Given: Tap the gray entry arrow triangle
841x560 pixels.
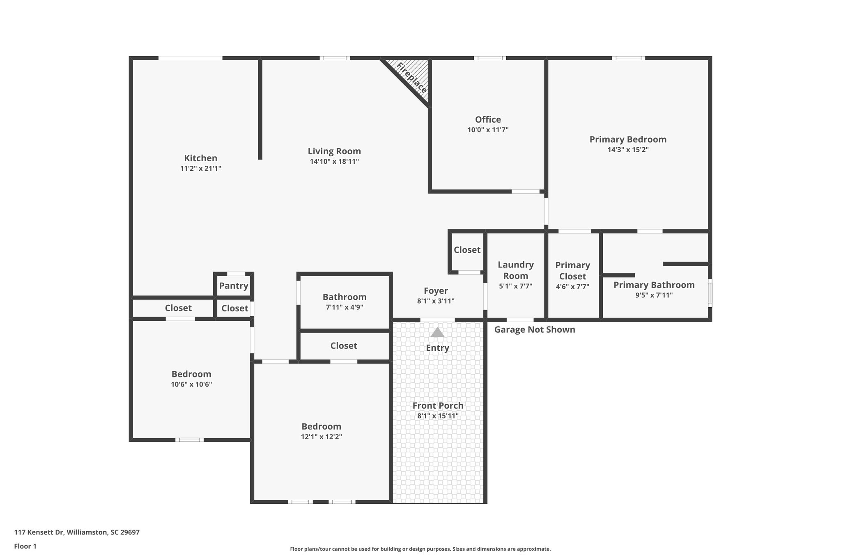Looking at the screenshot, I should click(437, 332).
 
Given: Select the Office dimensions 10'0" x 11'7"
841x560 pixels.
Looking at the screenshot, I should click(488, 130).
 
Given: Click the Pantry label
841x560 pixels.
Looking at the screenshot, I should click(233, 286).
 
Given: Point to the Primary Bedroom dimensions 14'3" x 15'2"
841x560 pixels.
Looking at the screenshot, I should click(628, 150).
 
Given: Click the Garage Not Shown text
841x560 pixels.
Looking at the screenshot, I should click(534, 329).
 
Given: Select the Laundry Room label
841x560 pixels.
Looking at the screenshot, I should click(515, 270).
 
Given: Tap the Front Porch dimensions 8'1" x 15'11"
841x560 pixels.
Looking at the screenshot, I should click(438, 416).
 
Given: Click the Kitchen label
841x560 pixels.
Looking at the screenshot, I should click(200, 158).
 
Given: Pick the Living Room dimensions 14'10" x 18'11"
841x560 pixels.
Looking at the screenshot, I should click(334, 162).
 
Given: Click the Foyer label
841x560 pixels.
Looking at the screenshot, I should click(436, 291).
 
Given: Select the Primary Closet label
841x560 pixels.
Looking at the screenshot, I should click(572, 271).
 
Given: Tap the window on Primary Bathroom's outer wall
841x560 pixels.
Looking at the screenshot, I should click(710, 293).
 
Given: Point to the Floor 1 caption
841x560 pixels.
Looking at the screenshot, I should click(25, 546).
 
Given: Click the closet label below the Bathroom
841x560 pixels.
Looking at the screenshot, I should click(344, 346).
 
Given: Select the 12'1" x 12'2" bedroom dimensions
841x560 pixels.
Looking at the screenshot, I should click(321, 437).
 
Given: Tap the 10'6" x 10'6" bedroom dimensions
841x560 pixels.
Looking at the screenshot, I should click(191, 384).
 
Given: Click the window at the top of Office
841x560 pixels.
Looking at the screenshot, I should click(490, 58).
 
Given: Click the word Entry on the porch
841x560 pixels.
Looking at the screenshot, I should click(437, 348).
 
